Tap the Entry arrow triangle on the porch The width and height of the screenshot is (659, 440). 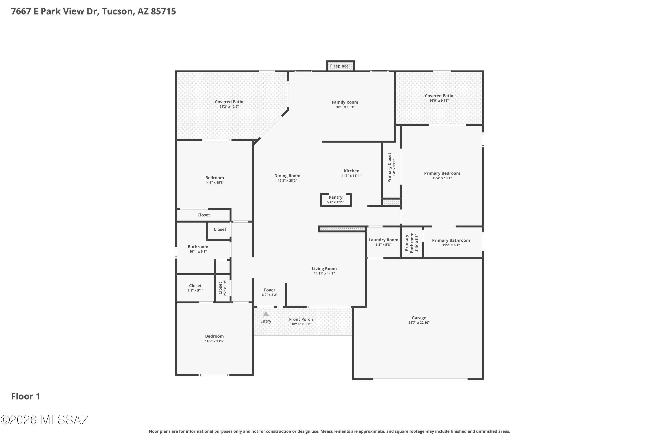click(266, 314)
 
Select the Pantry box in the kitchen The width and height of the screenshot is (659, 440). click(335, 200)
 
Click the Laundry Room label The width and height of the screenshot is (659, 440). click(383, 240)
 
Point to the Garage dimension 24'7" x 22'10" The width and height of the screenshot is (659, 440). click(419, 323)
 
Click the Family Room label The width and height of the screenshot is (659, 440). click(345, 103)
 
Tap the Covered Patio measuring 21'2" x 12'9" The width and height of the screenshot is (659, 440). click(229, 104)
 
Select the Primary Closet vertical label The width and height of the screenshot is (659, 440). click(389, 168)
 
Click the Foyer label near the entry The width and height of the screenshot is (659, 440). click(270, 290)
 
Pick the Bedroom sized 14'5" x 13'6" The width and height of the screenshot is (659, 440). click(214, 338)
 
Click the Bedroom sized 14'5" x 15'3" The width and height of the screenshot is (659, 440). click(214, 180)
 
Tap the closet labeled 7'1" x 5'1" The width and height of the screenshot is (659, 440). click(195, 288)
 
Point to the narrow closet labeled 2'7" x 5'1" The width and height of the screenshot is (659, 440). click(223, 288)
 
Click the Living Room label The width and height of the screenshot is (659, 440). click(324, 269)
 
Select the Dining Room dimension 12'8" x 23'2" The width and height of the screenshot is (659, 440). click(287, 181)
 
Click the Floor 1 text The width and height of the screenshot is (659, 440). click(25, 396)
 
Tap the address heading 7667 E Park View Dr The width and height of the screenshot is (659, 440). click(93, 11)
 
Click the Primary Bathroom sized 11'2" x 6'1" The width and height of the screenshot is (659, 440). click(451, 242)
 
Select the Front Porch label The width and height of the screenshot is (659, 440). click(301, 319)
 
